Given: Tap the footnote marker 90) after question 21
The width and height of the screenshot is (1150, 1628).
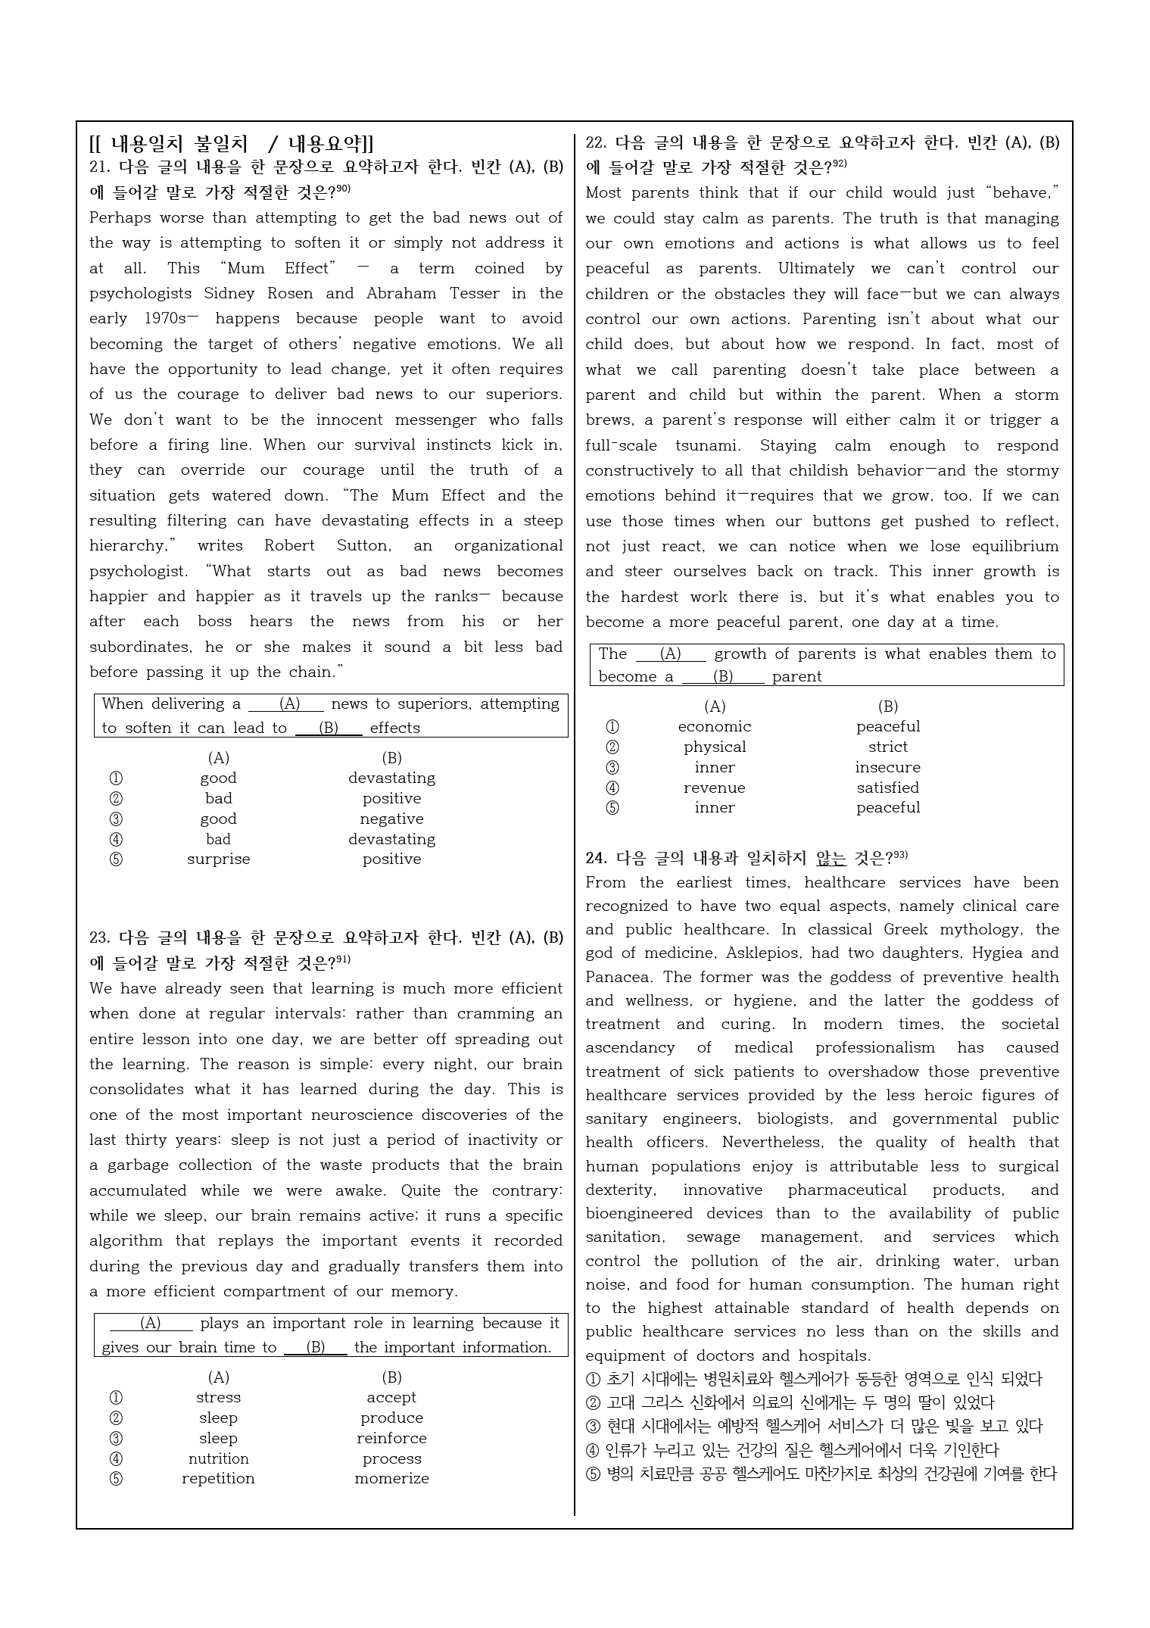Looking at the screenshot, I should point(343,189).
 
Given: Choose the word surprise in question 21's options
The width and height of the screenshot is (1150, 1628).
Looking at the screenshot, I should point(218,859).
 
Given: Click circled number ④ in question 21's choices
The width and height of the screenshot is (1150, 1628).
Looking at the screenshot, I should point(116,839).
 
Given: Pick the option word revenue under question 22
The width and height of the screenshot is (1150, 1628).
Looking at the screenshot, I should point(714,787).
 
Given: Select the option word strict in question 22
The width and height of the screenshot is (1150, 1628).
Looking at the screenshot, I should point(887,747).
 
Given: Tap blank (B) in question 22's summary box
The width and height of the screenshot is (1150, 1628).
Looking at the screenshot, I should point(723,676).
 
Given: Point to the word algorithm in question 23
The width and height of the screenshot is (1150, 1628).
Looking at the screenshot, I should point(126,1241).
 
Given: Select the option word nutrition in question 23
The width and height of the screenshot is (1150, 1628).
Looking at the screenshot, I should point(218,1458).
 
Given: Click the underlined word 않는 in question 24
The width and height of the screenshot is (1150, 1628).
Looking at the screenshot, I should point(831,858).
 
